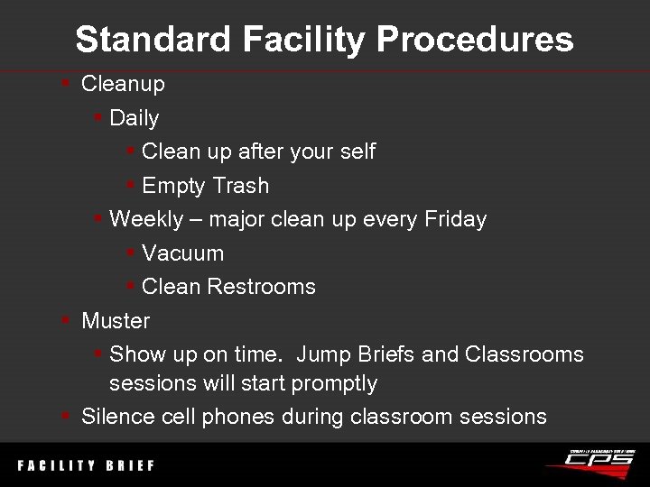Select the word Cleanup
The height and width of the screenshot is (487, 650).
(123, 85)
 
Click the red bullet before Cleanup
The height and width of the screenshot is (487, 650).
(66, 84)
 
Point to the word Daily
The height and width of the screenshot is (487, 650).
(134, 118)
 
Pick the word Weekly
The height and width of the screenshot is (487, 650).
(145, 219)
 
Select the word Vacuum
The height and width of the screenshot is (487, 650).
(183, 253)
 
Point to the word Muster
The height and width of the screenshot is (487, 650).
(116, 321)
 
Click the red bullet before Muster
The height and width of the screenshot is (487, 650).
(66, 320)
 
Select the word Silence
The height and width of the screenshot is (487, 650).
(116, 416)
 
